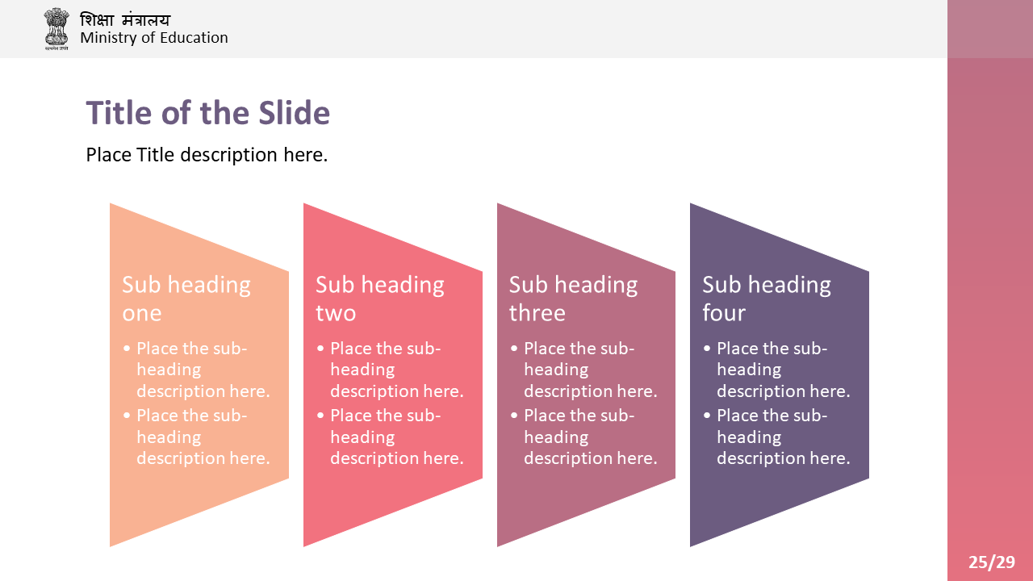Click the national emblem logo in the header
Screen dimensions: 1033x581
pos(56,28)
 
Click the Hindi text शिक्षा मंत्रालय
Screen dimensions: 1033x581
pos(125,20)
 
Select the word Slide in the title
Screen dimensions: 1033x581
pos(295,113)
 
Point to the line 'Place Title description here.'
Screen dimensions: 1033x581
pos(207,154)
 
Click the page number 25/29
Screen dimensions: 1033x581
pos(992,562)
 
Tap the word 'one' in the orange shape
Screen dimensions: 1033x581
pos(141,314)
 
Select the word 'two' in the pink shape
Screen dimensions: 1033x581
pos(336,313)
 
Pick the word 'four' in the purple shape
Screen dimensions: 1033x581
pos(724,312)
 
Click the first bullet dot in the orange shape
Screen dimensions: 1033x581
pos(127,349)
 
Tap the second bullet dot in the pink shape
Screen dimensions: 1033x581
pos(320,416)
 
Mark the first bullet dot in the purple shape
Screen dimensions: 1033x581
pos(707,349)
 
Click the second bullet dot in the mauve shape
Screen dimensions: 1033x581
pos(514,416)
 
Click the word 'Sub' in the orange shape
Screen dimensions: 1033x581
pos(140,285)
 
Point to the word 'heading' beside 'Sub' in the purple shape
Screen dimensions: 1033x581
pos(789,286)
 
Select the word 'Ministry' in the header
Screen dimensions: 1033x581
pos(108,38)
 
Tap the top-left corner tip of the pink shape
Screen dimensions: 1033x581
pos(304,203)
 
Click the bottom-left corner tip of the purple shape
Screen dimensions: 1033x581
pos(690,546)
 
